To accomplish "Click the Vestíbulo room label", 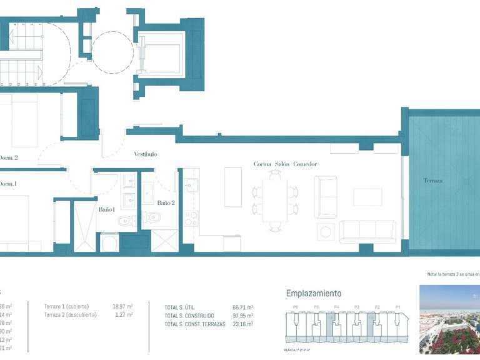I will (x=145, y=154).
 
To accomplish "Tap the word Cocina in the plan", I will (x=262, y=164).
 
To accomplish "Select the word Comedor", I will (x=305, y=164).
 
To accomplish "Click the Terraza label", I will (x=432, y=181).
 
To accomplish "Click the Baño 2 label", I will (x=166, y=202).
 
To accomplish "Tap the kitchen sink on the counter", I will (x=191, y=184).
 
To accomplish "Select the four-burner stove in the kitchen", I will (x=191, y=218).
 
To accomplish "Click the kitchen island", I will (x=233, y=187).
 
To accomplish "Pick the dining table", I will (x=275, y=198).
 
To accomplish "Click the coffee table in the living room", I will (x=367, y=197).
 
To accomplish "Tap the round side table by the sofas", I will (x=326, y=232).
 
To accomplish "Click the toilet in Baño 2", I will (x=152, y=218).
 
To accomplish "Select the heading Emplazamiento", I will (x=314, y=293).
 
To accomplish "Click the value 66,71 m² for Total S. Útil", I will (x=242, y=307).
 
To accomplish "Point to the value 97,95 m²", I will (x=242, y=316).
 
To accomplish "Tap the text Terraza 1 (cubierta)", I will (x=67, y=306).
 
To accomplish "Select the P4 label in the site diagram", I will (x=336, y=307).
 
